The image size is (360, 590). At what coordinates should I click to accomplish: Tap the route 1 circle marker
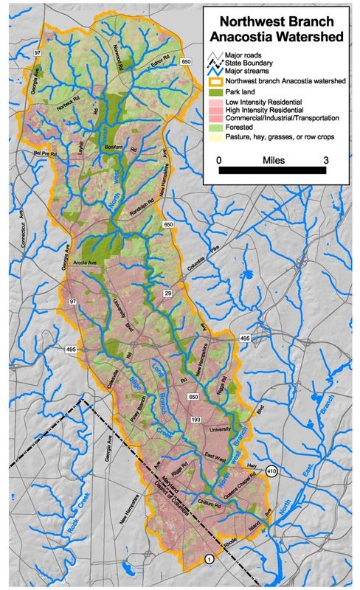point(210,560)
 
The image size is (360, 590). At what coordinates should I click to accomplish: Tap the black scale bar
point(274,171)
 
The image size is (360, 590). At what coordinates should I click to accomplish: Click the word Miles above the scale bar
point(274,158)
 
